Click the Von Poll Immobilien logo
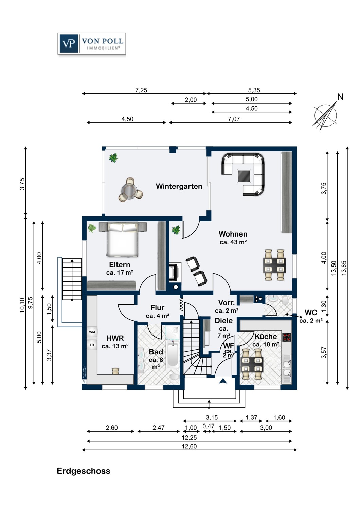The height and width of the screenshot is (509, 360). tap(92, 43)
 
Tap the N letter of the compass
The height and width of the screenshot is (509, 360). tap(340, 97)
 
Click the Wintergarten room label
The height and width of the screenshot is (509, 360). tap(179, 186)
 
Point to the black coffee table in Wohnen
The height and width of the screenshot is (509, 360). tap(244, 175)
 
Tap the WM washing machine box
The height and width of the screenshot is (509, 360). tap(92, 332)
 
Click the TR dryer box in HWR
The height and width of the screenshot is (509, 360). tap(92, 345)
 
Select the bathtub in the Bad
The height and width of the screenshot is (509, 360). tap(173, 354)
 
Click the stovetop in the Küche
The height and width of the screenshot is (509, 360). tap(287, 337)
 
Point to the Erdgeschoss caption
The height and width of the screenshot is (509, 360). tap(84, 471)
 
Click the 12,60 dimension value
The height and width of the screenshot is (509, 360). tap(189, 446)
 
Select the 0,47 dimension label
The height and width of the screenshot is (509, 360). tap(209, 426)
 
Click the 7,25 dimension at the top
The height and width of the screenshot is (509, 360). tap(141, 90)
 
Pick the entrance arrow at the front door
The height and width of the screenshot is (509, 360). tap(223, 381)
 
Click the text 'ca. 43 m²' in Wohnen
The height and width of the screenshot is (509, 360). tap(233, 242)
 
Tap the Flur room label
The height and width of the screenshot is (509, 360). tap(157, 308)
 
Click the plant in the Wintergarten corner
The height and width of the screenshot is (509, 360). tap(113, 158)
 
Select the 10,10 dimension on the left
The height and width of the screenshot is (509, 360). tap(22, 305)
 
